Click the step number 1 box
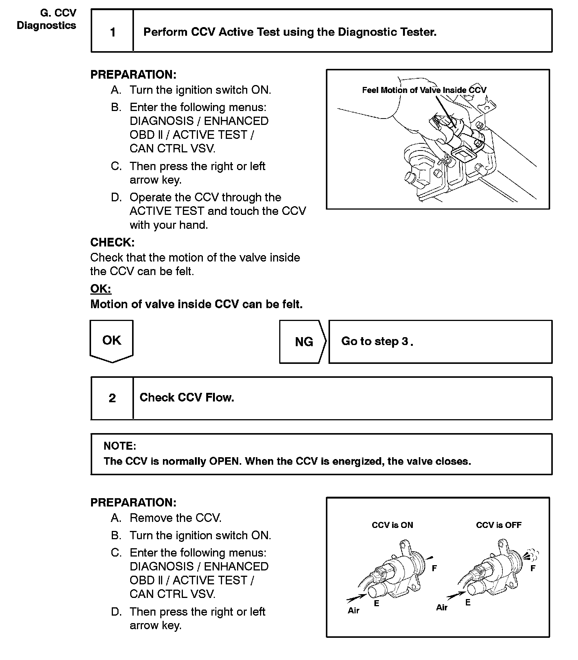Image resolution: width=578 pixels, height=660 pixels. click(113, 32)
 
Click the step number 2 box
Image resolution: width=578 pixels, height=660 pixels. click(112, 398)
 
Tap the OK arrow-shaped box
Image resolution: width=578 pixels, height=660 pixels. click(112, 341)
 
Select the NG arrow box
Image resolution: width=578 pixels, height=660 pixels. click(303, 342)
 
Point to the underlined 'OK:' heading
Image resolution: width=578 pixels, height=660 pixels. click(101, 289)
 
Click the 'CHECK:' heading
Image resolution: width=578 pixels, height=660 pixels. click(112, 242)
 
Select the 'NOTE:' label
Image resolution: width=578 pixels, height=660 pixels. click(120, 446)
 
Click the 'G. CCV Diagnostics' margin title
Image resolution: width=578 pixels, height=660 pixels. click(47, 19)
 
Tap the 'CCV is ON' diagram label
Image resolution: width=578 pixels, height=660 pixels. click(392, 525)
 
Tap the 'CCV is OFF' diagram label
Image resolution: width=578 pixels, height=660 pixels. click(499, 525)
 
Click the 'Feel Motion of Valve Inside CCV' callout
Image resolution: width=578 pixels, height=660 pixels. click(424, 90)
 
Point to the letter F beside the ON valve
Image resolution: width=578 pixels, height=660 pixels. click(434, 568)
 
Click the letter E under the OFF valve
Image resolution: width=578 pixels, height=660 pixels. click(468, 602)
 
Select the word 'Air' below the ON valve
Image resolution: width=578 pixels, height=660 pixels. click(353, 610)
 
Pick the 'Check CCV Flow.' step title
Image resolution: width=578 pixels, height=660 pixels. click(187, 398)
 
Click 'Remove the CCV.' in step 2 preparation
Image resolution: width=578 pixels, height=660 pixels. click(175, 518)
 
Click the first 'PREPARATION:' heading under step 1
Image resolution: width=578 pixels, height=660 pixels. click(133, 75)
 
